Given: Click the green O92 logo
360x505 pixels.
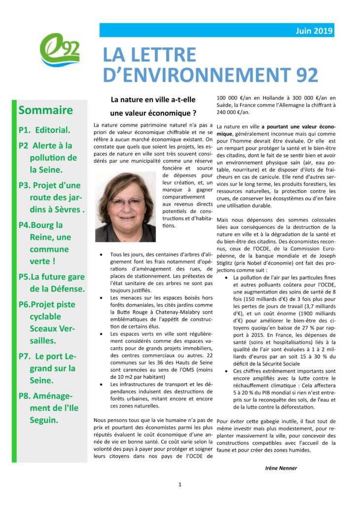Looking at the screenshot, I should click(x=60, y=50).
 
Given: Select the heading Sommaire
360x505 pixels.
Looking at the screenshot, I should click(x=45, y=109).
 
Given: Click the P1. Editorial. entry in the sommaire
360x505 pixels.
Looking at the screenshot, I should click(x=44, y=131).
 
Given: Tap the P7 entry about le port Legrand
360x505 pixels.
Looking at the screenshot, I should click(x=47, y=368).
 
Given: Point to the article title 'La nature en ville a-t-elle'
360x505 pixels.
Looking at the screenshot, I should click(x=153, y=99).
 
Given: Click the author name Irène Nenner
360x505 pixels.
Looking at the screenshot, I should click(x=282, y=468).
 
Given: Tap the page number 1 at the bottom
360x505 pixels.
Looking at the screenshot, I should click(x=180, y=485).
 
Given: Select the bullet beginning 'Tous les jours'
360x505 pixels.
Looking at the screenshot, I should click(x=101, y=254).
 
